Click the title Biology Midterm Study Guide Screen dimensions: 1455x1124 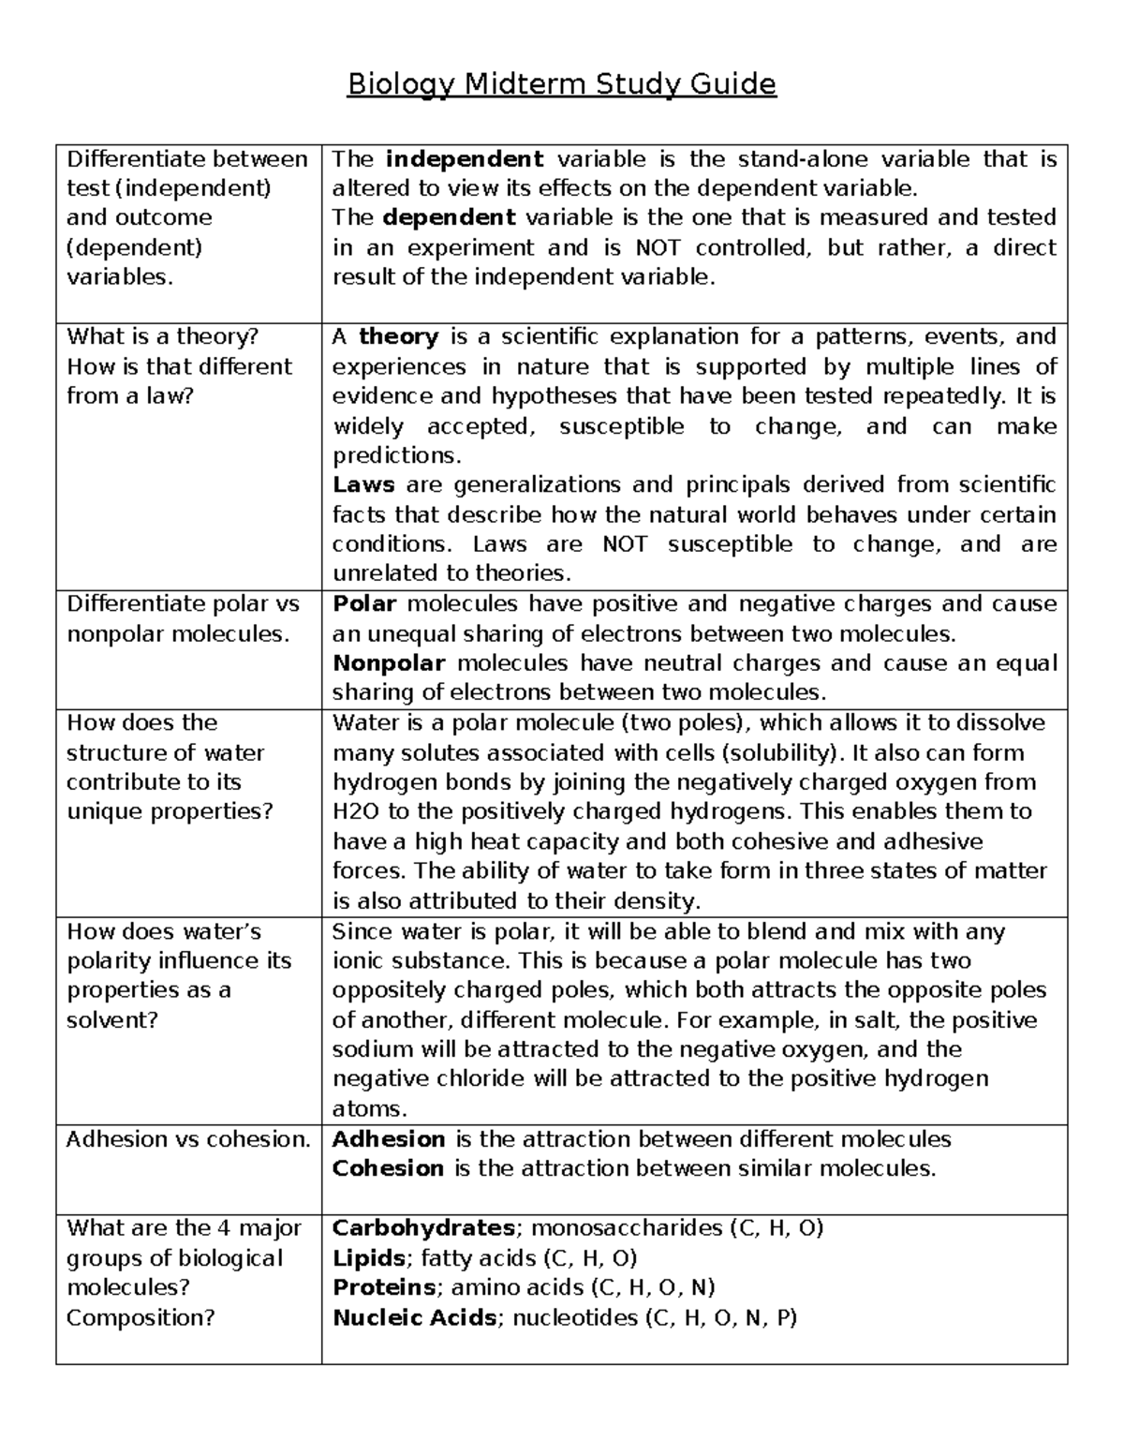[561, 85]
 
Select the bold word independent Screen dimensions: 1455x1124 [464, 159]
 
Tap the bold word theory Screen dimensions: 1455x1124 [399, 336]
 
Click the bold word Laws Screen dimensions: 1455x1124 [363, 484]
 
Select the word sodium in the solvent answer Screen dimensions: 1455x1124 [373, 1049]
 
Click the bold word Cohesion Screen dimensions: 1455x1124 [388, 1168]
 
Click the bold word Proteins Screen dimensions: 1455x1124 [384, 1287]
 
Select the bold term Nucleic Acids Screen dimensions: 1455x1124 [415, 1317]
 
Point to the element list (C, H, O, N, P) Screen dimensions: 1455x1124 [720, 1317]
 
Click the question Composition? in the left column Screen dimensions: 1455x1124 [140, 1317]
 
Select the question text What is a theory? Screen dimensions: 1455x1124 [162, 336]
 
